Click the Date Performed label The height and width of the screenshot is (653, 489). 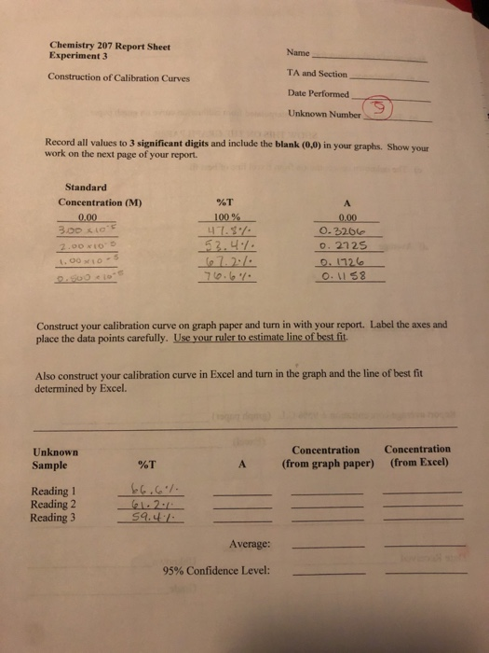(x=319, y=94)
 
